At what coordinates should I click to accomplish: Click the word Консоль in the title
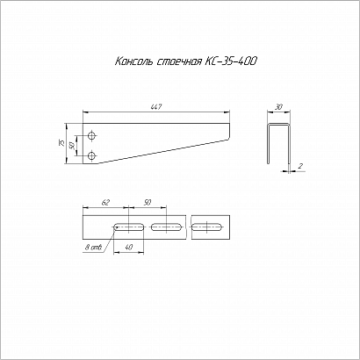(x=133, y=61)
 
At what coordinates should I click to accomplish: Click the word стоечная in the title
(x=179, y=62)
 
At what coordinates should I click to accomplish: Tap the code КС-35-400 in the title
(x=231, y=61)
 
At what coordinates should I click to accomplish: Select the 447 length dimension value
(x=156, y=107)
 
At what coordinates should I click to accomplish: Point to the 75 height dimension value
(x=61, y=143)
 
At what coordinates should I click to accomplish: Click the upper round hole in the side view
(x=92, y=136)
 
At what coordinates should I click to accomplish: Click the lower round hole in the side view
(x=92, y=155)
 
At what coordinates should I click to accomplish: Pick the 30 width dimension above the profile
(x=279, y=107)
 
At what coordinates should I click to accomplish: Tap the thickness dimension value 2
(x=300, y=166)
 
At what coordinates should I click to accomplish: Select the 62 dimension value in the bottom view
(x=105, y=203)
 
